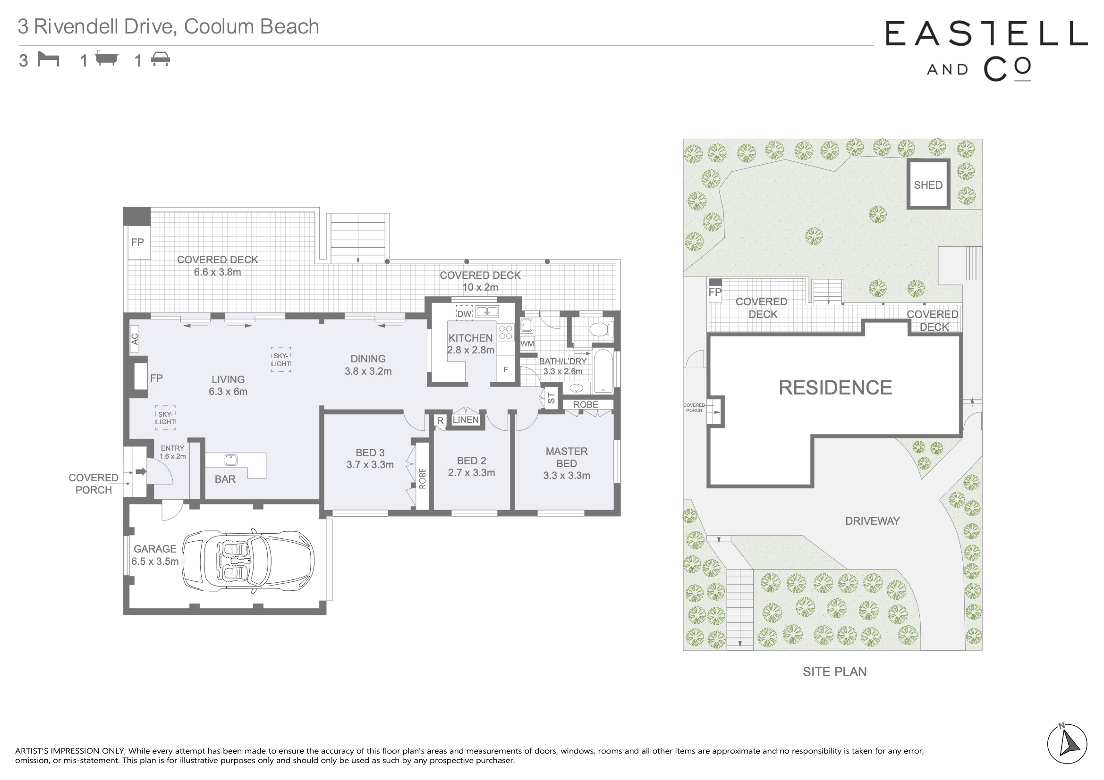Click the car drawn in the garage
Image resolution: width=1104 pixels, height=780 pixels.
(x=248, y=561)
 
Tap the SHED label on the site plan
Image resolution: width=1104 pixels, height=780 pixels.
(x=928, y=185)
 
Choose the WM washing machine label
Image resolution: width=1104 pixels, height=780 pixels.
(x=527, y=344)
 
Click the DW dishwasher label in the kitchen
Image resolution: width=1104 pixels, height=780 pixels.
(x=464, y=314)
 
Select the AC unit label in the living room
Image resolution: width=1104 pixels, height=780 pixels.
(x=135, y=339)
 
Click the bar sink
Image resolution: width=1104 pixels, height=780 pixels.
(x=231, y=460)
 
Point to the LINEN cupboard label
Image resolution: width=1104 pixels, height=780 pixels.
(x=466, y=419)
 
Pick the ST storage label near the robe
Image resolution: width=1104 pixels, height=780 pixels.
(x=551, y=398)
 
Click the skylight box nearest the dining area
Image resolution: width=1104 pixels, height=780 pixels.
(x=281, y=360)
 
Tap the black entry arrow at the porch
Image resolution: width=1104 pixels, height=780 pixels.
(x=141, y=472)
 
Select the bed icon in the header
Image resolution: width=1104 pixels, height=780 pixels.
(x=49, y=59)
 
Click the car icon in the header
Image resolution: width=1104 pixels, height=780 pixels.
(x=161, y=59)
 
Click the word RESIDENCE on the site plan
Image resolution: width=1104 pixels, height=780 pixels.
(x=835, y=387)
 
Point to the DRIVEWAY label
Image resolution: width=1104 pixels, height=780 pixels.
(x=872, y=521)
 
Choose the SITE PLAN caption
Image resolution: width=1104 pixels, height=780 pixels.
(x=835, y=671)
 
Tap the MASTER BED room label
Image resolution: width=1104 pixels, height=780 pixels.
(x=567, y=457)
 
